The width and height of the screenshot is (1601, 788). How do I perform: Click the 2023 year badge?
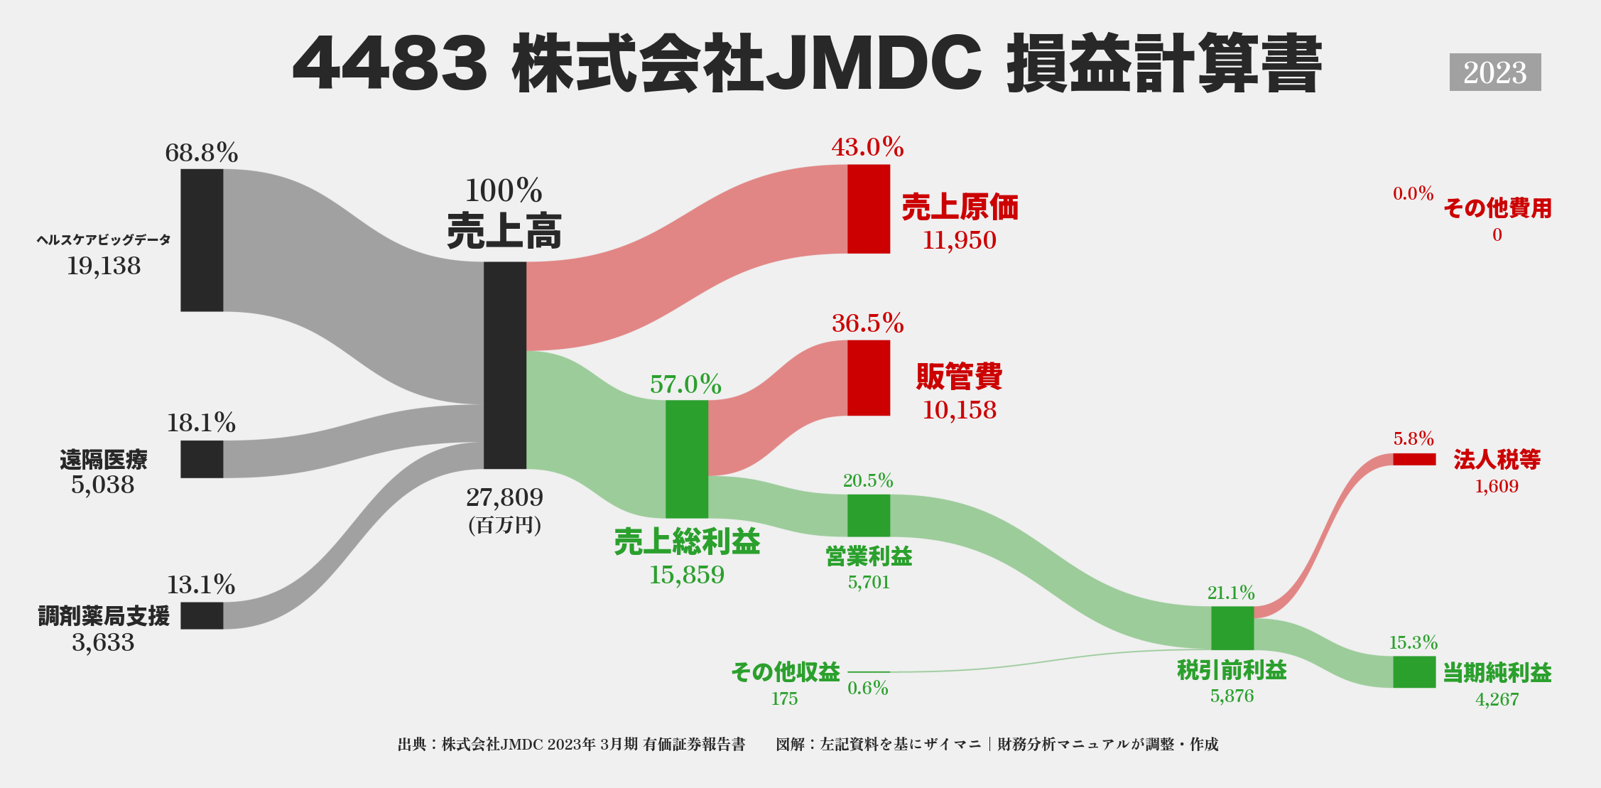pyautogui.click(x=1494, y=72)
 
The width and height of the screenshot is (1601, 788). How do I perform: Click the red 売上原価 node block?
pyautogui.click(x=868, y=209)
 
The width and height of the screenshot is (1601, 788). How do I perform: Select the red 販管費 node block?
pyautogui.click(x=868, y=377)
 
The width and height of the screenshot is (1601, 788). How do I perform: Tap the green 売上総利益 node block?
pyautogui.click(x=686, y=459)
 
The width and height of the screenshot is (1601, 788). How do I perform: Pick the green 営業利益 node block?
pyautogui.click(x=868, y=515)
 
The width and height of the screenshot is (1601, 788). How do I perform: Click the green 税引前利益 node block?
pyautogui.click(x=1232, y=627)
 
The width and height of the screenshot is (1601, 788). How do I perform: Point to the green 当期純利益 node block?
pyautogui.click(x=1413, y=671)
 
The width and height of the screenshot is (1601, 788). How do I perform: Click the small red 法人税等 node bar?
pyautogui.click(x=1413, y=459)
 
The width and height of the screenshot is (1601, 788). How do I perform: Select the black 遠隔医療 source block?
pyautogui.click(x=202, y=459)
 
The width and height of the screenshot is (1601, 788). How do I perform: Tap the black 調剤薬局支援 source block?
pyautogui.click(x=202, y=615)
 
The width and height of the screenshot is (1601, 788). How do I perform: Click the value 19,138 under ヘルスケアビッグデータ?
pyautogui.click(x=104, y=266)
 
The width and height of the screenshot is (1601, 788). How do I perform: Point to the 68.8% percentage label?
pyautogui.click(x=201, y=153)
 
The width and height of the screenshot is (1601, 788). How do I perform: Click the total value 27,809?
pyautogui.click(x=504, y=497)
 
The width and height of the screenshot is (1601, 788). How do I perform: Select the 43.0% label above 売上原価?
pyautogui.click(x=867, y=147)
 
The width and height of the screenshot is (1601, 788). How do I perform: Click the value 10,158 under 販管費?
pyautogui.click(x=959, y=410)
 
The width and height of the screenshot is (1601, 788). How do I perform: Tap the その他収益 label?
pyautogui.click(x=785, y=671)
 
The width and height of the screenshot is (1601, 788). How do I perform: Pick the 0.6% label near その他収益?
pyautogui.click(x=867, y=688)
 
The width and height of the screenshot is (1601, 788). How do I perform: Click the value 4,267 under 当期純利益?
pyautogui.click(x=1497, y=700)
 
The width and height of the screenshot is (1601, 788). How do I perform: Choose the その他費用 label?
pyautogui.click(x=1497, y=208)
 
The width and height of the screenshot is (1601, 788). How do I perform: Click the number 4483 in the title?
pyautogui.click(x=389, y=64)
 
